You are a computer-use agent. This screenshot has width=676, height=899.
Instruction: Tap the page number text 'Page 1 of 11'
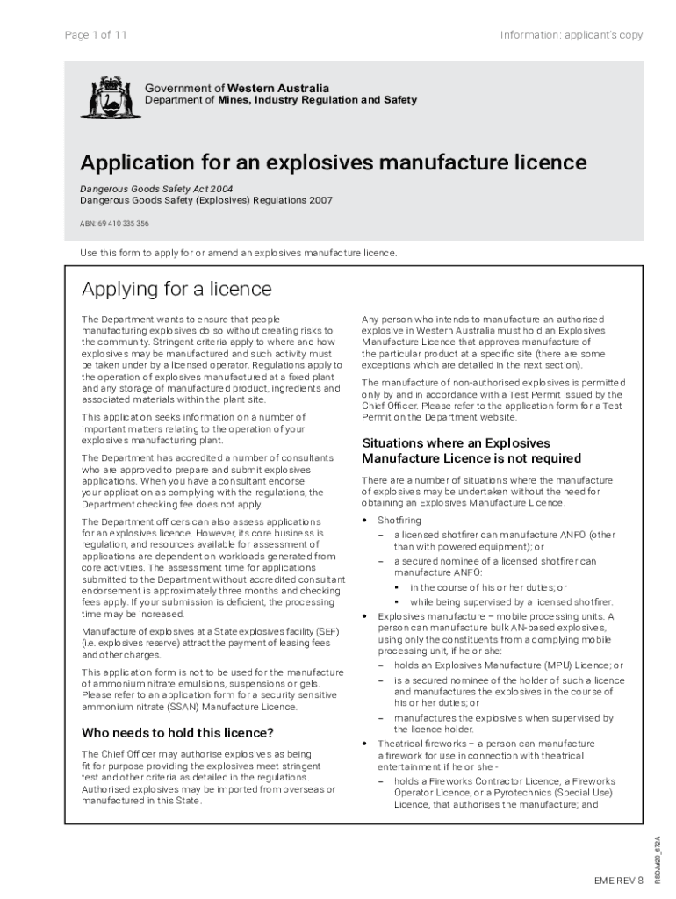tap(97, 35)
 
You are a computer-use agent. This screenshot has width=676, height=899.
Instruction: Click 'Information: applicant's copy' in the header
tap(571, 35)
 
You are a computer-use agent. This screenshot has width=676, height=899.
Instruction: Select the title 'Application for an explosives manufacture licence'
tap(334, 162)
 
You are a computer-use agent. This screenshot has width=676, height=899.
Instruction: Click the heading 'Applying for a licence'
tap(176, 290)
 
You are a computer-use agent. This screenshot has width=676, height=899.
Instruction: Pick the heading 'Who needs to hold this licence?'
tap(177, 733)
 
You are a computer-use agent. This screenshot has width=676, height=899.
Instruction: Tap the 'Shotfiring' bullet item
tap(399, 521)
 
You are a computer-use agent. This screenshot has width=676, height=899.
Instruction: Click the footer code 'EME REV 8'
tap(618, 879)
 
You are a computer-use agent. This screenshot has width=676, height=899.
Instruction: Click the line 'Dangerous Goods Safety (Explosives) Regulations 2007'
tap(206, 200)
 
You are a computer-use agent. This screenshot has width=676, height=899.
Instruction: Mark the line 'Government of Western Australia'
tap(237, 88)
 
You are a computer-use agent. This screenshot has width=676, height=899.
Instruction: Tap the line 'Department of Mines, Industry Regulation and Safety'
tap(280, 100)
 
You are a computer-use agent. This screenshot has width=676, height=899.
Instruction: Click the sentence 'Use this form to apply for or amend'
tap(239, 253)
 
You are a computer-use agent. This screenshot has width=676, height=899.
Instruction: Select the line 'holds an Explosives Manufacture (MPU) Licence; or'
tap(508, 665)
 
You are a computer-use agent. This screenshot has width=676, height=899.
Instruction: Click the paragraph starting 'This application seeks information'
tap(193, 429)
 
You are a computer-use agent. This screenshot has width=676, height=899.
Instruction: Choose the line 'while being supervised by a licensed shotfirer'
tap(511, 601)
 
